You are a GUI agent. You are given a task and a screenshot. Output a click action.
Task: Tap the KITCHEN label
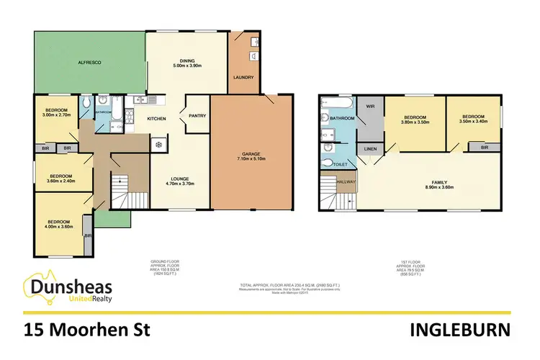click(x=158, y=118)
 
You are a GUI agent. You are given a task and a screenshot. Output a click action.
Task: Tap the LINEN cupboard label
click(x=371, y=149)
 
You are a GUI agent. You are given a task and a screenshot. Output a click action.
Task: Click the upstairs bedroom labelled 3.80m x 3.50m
click(x=416, y=120)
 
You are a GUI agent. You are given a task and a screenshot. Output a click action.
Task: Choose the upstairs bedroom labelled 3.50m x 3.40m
click(x=474, y=120)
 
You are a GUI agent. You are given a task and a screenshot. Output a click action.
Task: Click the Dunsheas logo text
click(x=71, y=288)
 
